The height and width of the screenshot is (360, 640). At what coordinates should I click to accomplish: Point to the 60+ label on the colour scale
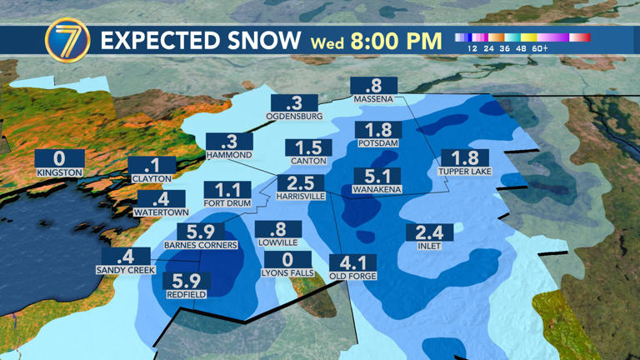coord(540,48)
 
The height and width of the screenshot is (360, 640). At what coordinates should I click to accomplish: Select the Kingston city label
coord(59,172)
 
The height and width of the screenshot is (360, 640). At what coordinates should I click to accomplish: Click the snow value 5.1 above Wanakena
coord(377,177)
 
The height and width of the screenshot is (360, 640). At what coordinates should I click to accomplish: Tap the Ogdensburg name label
coord(294,117)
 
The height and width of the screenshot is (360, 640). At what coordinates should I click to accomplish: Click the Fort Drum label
coord(227,202)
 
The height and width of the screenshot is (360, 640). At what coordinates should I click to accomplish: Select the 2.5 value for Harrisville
coord(301,183)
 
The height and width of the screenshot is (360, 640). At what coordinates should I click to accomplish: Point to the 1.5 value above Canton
coord(308,147)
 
